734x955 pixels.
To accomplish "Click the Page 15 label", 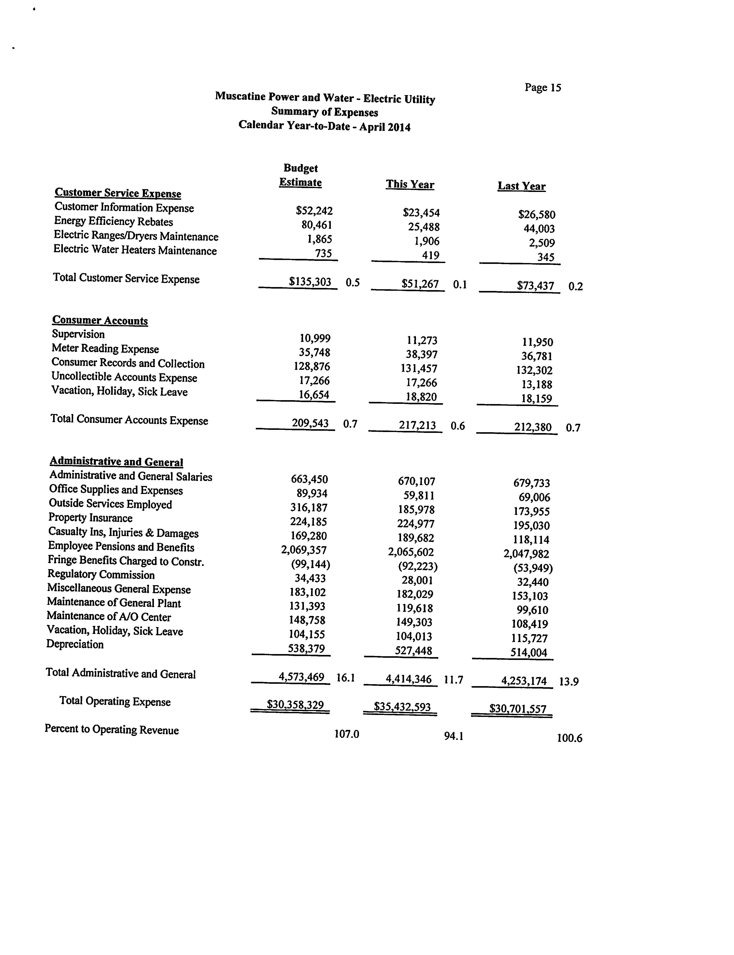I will pyautogui.click(x=543, y=87).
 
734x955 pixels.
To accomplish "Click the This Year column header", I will pyautogui.click(x=410, y=184).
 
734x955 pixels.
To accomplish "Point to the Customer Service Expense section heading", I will pyautogui.click(x=118, y=193).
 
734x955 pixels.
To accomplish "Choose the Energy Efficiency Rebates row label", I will pyautogui.click(x=114, y=222).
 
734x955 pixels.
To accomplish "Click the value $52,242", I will pyautogui.click(x=314, y=211).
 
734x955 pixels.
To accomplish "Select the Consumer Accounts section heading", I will pyautogui.click(x=100, y=320).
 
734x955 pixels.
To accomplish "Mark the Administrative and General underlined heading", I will pyautogui.click(x=116, y=461).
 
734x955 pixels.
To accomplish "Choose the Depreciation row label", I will pyautogui.click(x=75, y=645).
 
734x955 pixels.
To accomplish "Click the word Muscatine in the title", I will pyautogui.click(x=239, y=96).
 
